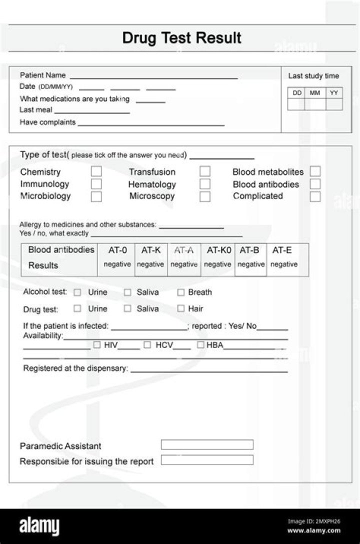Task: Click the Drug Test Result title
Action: [x=181, y=38]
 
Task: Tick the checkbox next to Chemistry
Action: [x=96, y=171]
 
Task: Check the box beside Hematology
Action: [x=205, y=184]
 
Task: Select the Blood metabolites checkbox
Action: [x=315, y=171]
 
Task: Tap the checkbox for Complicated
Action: [x=315, y=196]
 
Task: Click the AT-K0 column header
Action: [x=219, y=250]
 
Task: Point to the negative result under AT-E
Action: [x=284, y=264]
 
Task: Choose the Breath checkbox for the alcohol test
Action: [x=181, y=292]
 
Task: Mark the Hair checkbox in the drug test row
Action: [x=181, y=308]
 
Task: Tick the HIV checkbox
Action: [x=97, y=344]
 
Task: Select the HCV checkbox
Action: [x=147, y=344]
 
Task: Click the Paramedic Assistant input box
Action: [x=207, y=444]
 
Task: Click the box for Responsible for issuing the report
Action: [x=207, y=460]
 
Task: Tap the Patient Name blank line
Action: [x=153, y=77]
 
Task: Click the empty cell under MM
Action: [x=315, y=104]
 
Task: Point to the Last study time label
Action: [x=313, y=76]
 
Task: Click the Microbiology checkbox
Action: [x=96, y=196]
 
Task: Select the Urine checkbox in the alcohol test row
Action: [x=77, y=292]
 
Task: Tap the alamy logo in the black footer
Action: [x=39, y=526]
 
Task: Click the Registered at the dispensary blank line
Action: [x=209, y=370]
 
